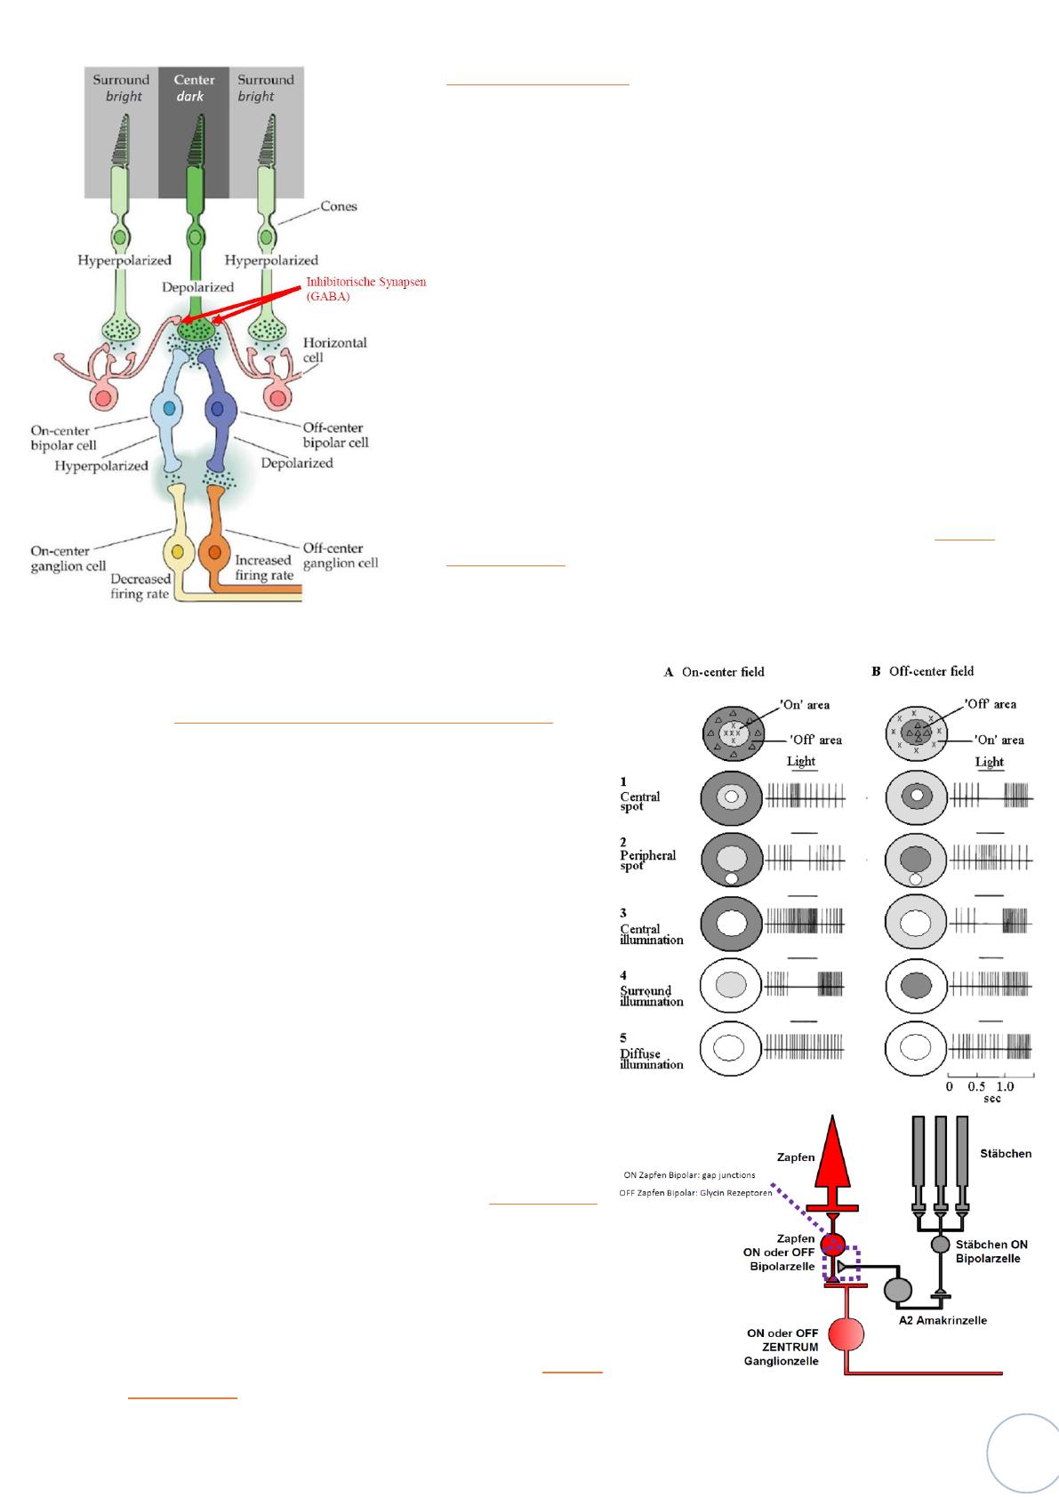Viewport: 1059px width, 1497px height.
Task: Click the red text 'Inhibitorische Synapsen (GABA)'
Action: pyautogui.click(x=365, y=289)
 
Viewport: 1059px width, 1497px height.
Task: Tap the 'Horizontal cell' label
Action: pyautogui.click(x=334, y=349)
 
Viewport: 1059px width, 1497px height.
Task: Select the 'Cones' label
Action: pyautogui.click(x=338, y=206)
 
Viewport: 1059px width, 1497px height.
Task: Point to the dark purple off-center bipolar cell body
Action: pyautogui.click(x=217, y=410)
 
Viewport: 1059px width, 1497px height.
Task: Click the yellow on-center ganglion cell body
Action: pyautogui.click(x=178, y=552)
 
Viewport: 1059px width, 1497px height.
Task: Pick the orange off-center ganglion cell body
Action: pyautogui.click(x=214, y=552)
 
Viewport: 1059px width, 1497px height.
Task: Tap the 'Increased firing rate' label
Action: pyautogui.click(x=263, y=567)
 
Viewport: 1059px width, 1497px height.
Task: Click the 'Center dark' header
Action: pyautogui.click(x=194, y=87)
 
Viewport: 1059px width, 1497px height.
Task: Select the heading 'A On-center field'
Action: pyautogui.click(x=714, y=672)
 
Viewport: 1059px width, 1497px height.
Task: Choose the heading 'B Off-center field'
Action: pyautogui.click(x=922, y=671)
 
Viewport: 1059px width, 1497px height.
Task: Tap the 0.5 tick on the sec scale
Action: pyautogui.click(x=976, y=1086)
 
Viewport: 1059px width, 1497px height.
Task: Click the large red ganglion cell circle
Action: pyautogui.click(x=846, y=1333)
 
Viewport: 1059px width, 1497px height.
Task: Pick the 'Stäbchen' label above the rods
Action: pyautogui.click(x=1005, y=1154)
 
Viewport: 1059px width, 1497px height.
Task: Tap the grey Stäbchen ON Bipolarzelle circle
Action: pyautogui.click(x=941, y=1244)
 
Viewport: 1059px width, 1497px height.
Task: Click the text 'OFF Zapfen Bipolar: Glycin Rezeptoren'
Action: pyautogui.click(x=695, y=1193)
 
